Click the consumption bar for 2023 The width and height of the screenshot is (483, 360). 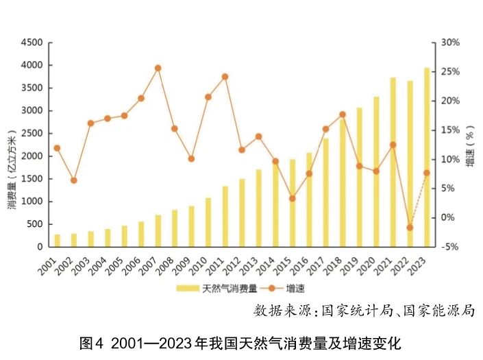click(x=427, y=157)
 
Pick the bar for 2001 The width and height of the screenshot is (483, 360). click(x=58, y=241)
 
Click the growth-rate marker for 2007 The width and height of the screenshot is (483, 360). click(x=158, y=68)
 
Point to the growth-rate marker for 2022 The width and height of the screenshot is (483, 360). click(x=410, y=228)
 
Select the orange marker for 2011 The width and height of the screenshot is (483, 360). click(x=225, y=77)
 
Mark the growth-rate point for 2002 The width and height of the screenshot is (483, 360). click(x=74, y=180)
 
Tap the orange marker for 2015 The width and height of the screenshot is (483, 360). click(x=292, y=199)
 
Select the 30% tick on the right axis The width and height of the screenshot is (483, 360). click(x=450, y=43)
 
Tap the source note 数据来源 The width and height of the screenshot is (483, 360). click(x=363, y=310)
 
